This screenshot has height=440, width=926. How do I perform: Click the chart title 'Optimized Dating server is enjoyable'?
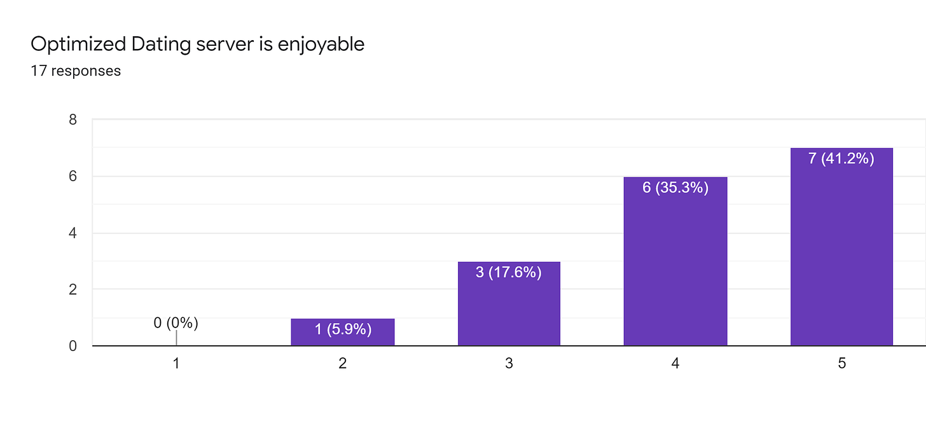coord(197,45)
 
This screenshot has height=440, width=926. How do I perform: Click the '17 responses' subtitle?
coord(76,71)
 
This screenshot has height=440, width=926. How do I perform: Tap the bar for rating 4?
coord(675,267)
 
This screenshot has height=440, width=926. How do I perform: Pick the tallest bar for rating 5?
coord(841,254)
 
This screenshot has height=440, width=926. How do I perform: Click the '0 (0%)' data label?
coord(176,323)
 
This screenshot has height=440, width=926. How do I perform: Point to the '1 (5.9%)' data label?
coord(343,329)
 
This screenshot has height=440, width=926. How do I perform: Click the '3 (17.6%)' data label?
coord(509,273)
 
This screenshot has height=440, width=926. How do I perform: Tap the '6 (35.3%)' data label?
coord(675,188)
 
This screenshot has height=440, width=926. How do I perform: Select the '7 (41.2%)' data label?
coord(841,159)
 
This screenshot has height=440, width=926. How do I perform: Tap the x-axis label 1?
coord(176,364)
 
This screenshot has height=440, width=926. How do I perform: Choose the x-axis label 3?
coord(509,364)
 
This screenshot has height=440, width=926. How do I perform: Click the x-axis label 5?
coord(841,364)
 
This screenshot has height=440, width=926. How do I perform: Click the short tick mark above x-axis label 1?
coord(176,338)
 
